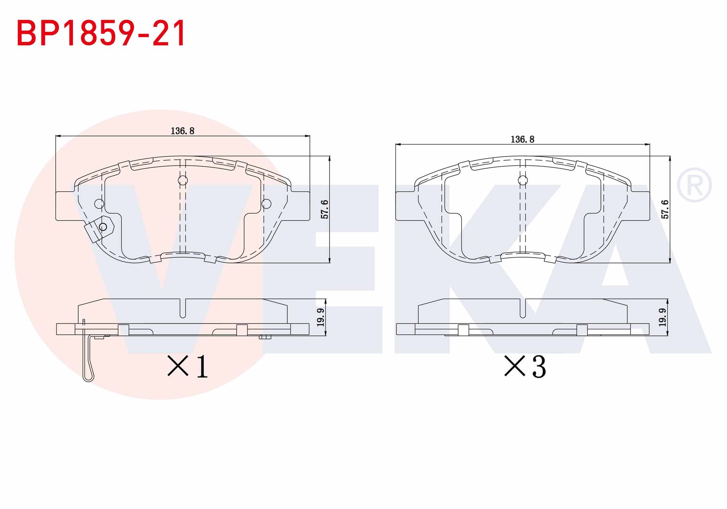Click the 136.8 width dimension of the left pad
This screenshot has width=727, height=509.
182,131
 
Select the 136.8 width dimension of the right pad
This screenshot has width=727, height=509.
522,140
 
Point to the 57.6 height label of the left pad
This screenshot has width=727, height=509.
324,210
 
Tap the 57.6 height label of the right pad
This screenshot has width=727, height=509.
665,210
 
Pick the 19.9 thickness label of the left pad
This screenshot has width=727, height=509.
320,317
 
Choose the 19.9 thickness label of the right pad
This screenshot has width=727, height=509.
662,317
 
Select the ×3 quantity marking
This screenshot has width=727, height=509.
525,366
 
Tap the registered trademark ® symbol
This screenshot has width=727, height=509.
694,185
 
